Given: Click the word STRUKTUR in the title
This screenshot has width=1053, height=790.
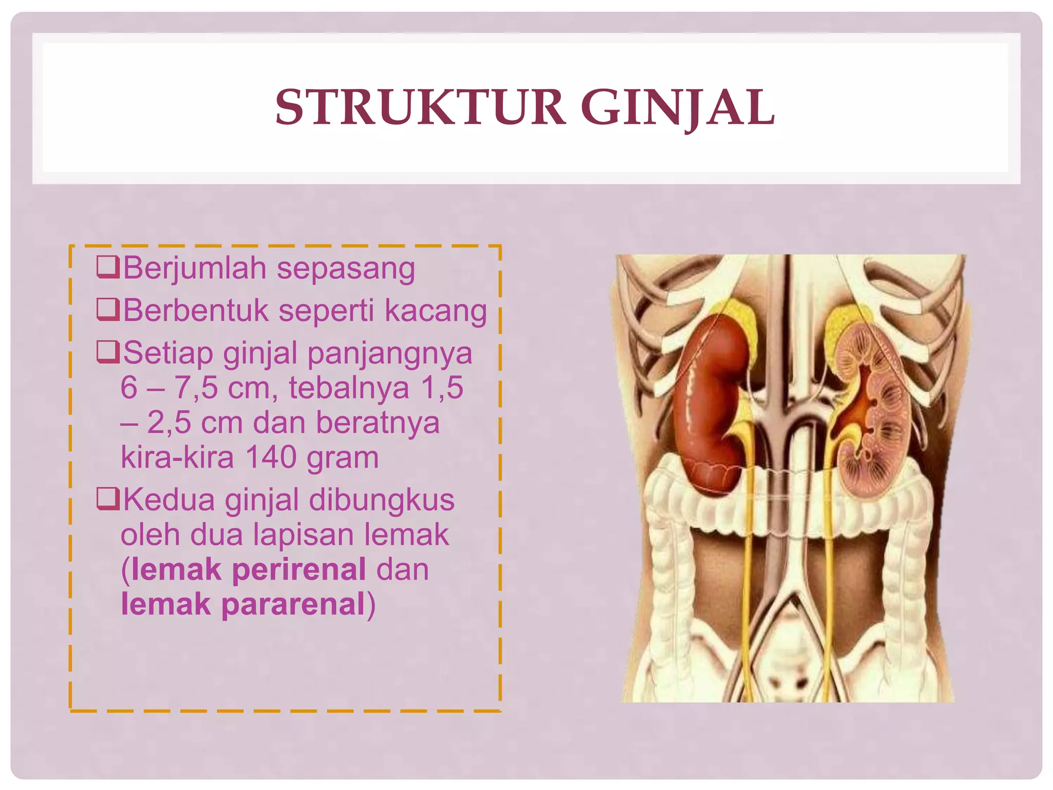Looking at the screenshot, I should point(420,107).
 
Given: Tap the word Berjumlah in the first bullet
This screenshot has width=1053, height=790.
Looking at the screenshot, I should point(195,268).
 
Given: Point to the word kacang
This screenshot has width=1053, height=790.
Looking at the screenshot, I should point(435,311).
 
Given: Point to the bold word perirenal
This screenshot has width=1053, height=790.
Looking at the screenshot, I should point(299,570).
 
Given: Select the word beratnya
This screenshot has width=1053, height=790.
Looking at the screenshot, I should point(377,423).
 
